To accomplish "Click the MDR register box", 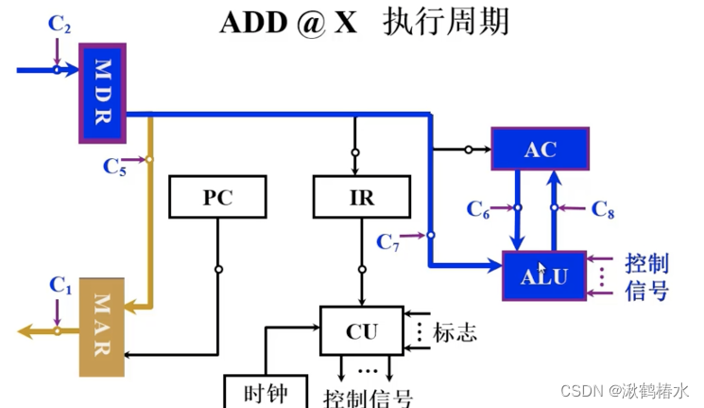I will tap(102, 92).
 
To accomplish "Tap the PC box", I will tap(217, 198).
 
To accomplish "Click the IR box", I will tap(362, 198).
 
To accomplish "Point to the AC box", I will tap(540, 149).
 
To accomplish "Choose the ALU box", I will tap(544, 276).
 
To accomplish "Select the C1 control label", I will tap(60, 283).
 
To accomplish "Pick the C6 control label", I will tap(479, 210).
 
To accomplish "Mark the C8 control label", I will tap(603, 210).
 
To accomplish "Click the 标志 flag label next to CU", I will tap(455, 332).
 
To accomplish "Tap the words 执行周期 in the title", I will tap(446, 22).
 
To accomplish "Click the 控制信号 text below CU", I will tap(369, 397).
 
